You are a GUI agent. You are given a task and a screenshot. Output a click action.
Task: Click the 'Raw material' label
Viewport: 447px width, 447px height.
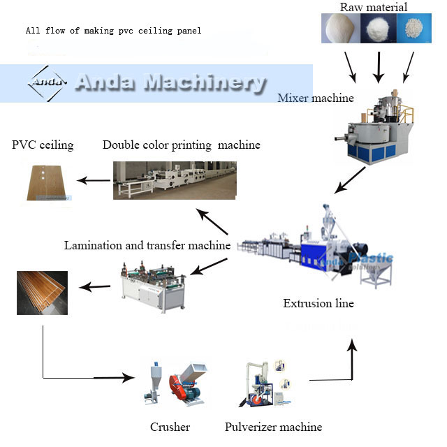(374, 7)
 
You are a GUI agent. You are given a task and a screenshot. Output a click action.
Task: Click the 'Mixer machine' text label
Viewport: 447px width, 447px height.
(316, 98)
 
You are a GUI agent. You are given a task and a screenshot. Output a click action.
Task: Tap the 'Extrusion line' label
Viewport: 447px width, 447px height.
(318, 304)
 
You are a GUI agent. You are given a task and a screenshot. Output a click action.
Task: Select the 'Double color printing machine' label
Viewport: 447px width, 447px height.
(181, 145)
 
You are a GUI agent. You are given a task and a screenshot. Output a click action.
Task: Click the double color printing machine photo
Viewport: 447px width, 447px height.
(175, 180)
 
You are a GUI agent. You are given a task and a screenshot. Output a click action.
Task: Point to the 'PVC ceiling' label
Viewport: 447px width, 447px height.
(43, 145)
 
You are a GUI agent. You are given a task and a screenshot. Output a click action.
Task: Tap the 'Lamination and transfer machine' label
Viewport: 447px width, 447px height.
(147, 245)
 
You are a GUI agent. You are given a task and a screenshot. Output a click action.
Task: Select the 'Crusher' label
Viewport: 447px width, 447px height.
(170, 427)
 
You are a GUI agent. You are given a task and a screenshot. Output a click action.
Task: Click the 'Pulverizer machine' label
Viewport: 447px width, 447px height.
(273, 427)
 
